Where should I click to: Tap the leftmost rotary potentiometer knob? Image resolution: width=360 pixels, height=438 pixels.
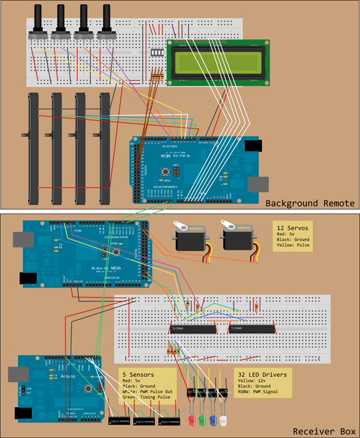[41, 18]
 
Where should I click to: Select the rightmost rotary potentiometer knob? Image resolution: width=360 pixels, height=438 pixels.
[107, 18]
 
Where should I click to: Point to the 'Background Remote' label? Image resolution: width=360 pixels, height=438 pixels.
[310, 203]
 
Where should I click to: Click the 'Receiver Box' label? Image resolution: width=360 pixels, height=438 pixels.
[324, 431]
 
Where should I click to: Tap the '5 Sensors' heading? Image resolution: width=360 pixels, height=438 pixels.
[137, 374]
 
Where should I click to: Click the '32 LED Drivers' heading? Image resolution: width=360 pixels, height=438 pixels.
[262, 374]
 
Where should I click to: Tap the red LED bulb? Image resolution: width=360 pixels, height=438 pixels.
[191, 419]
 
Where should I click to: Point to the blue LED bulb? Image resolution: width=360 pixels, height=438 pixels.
[213, 419]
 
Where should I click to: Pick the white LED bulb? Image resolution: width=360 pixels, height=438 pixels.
[224, 419]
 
